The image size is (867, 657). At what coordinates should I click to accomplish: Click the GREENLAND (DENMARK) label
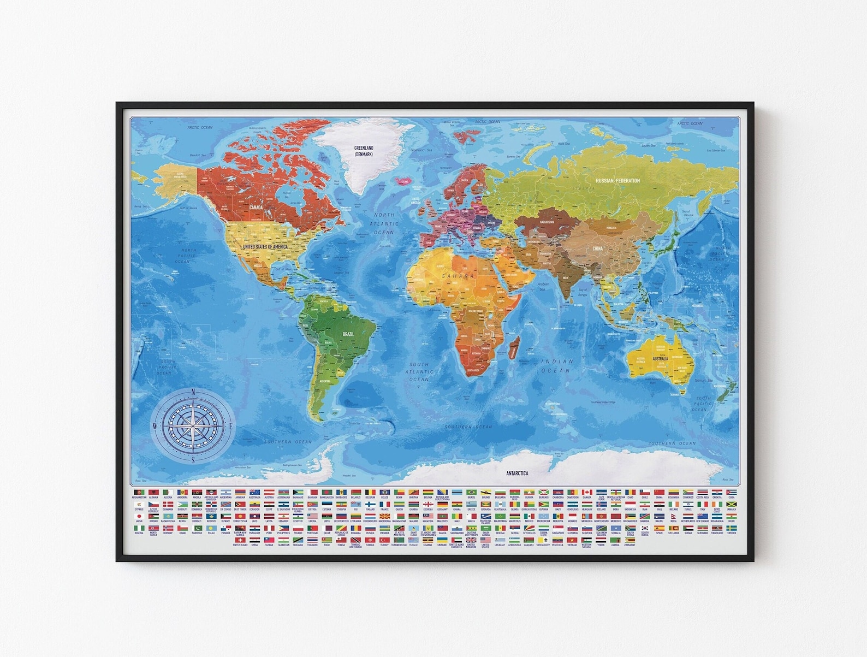[364, 151]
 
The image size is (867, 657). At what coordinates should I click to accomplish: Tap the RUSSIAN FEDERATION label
[617, 181]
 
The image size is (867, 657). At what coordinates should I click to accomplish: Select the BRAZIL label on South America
[348, 334]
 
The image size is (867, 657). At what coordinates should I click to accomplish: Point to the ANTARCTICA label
[517, 473]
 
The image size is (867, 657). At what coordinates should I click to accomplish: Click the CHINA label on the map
[598, 248]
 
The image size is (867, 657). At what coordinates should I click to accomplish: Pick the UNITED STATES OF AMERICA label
[265, 247]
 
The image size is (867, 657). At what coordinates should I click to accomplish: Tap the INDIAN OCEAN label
[557, 366]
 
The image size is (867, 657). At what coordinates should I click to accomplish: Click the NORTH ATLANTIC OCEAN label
[384, 223]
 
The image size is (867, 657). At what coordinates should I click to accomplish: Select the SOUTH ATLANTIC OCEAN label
[419, 371]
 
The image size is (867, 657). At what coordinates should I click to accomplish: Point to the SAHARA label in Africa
[458, 276]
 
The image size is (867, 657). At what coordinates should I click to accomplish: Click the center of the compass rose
[193, 426]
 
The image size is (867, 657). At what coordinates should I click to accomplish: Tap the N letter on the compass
[193, 392]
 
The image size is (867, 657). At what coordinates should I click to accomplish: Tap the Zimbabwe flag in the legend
[630, 540]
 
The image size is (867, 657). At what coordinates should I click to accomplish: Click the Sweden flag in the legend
[731, 528]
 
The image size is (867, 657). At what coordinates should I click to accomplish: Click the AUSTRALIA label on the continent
[661, 359]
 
